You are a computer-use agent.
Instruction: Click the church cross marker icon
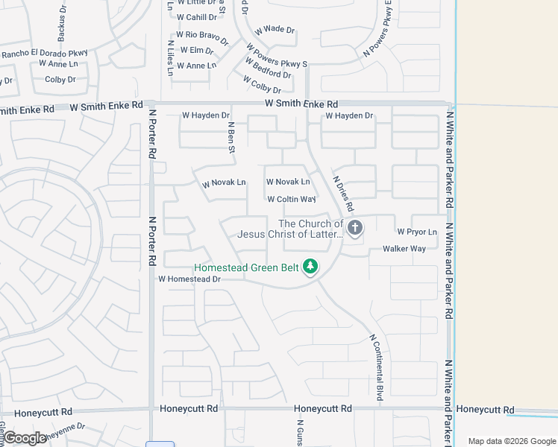point(355,227)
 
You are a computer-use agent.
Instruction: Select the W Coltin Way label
point(292,200)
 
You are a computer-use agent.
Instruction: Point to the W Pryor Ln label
point(417,232)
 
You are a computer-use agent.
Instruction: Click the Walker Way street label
point(404,249)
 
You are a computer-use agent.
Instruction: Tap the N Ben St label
point(231,139)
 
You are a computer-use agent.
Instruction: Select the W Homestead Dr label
point(189,279)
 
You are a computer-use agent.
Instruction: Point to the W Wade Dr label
point(275,30)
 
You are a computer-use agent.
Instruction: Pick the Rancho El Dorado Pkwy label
point(45,53)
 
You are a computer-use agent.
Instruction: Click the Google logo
point(25,438)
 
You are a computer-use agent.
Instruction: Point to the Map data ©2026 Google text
point(511,441)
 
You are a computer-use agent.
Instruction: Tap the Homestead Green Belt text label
point(246,267)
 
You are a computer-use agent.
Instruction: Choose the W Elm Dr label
point(196,51)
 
